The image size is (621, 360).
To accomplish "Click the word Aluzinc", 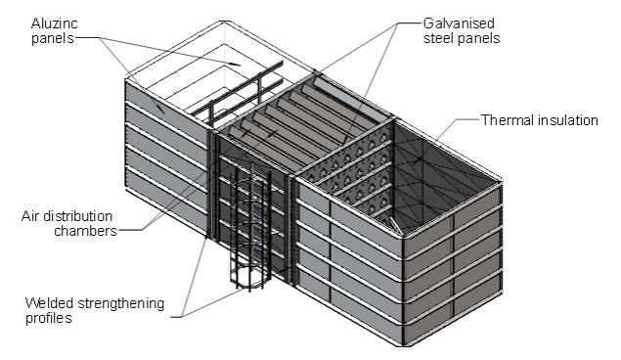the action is [x=54, y=23].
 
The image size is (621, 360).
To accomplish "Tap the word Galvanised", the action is [x=459, y=23].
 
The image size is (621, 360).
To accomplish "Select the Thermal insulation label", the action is [x=539, y=120].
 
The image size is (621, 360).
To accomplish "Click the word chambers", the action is [x=85, y=231].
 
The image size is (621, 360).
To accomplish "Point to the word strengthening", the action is [x=121, y=304].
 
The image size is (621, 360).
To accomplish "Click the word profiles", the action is [x=49, y=318].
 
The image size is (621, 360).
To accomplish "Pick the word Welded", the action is [x=50, y=303].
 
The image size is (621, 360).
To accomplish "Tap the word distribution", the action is [x=77, y=216].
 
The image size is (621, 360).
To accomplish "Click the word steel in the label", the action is [x=438, y=38].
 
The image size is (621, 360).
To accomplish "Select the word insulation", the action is [x=568, y=120].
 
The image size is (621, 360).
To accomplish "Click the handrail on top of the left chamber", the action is [x=237, y=92].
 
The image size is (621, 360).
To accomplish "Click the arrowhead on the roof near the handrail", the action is [x=235, y=64].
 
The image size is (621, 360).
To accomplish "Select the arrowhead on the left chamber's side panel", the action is [x=160, y=109].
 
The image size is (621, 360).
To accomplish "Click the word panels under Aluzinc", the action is [x=53, y=38].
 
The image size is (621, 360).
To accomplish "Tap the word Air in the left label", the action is [x=30, y=216].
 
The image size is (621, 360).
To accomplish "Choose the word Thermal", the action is [x=508, y=120].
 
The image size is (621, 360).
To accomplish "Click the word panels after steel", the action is [x=478, y=38].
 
